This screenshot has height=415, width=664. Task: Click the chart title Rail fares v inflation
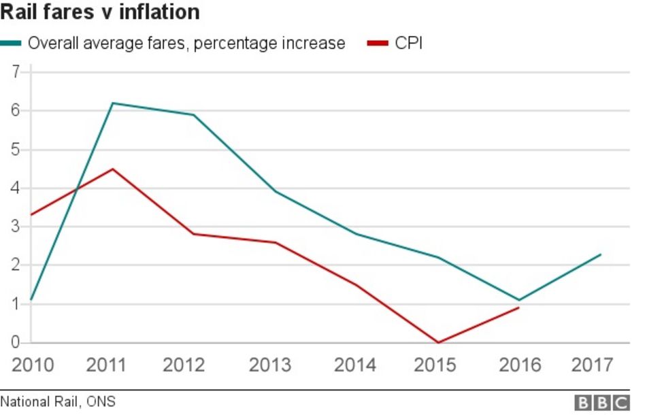(100, 13)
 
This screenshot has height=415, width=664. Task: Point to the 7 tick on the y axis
(16, 71)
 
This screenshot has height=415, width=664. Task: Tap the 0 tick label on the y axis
(16, 342)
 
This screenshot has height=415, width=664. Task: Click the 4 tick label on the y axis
(16, 188)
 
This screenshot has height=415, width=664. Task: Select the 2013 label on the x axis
(270, 365)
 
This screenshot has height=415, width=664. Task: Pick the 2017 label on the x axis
(592, 365)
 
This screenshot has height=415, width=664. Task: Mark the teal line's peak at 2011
(112, 103)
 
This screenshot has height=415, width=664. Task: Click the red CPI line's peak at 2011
(112, 169)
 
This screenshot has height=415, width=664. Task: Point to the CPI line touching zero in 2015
(437, 342)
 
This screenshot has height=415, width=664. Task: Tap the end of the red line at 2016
(518, 308)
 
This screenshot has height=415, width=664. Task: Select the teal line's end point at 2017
(600, 254)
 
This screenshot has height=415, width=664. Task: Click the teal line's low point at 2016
(518, 300)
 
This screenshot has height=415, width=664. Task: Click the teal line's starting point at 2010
(31, 300)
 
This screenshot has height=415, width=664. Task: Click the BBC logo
(601, 403)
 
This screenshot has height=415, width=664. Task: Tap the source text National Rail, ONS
(53, 403)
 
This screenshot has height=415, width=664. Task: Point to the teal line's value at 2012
(194, 115)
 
